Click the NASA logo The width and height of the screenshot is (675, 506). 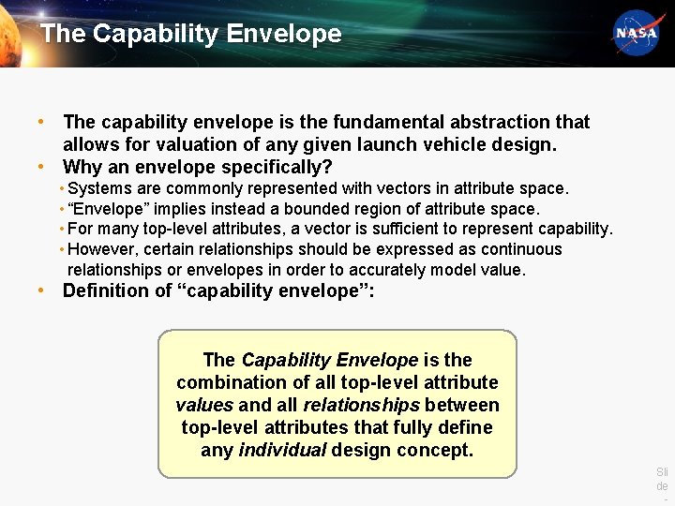pyautogui.click(x=636, y=34)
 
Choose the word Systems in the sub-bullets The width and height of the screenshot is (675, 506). pyautogui.click(x=99, y=188)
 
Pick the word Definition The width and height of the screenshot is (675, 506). pyautogui.click(x=105, y=290)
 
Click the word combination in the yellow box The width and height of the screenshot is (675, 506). pyautogui.click(x=232, y=382)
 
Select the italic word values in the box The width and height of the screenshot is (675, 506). pyautogui.click(x=204, y=405)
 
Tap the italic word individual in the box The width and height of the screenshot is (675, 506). pyautogui.click(x=282, y=450)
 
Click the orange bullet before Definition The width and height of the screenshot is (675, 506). pyautogui.click(x=42, y=290)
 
